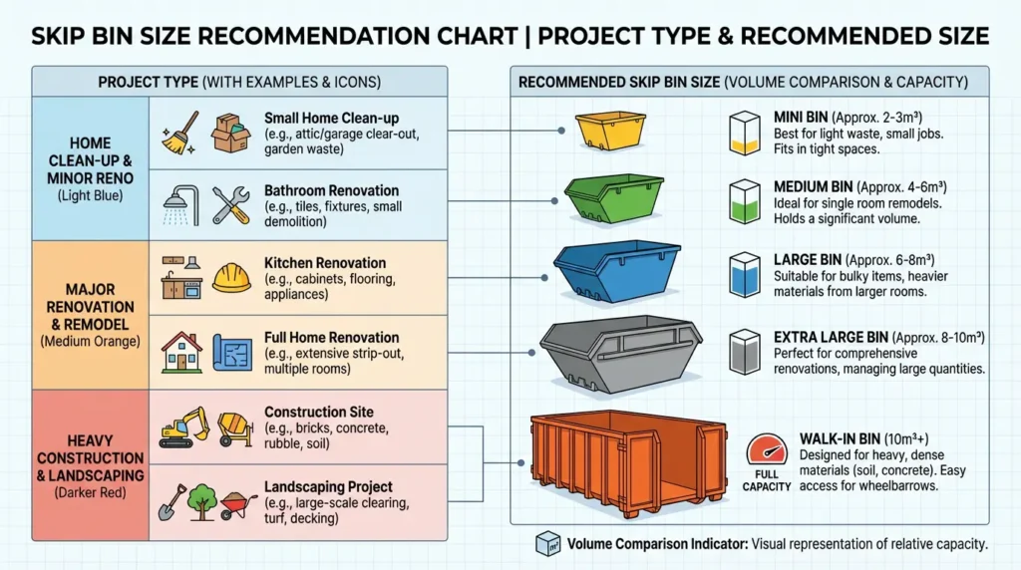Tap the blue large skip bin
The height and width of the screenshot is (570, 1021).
(x=617, y=270)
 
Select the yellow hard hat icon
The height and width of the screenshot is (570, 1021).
(x=231, y=276)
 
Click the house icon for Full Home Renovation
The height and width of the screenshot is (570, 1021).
(x=179, y=351)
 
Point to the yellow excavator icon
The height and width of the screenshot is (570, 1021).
(x=183, y=426)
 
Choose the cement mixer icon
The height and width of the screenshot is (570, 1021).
(x=235, y=427)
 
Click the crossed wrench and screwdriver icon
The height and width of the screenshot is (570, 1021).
(x=231, y=203)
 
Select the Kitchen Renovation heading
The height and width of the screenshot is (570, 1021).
(x=324, y=263)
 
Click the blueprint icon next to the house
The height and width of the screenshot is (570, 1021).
(x=232, y=352)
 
